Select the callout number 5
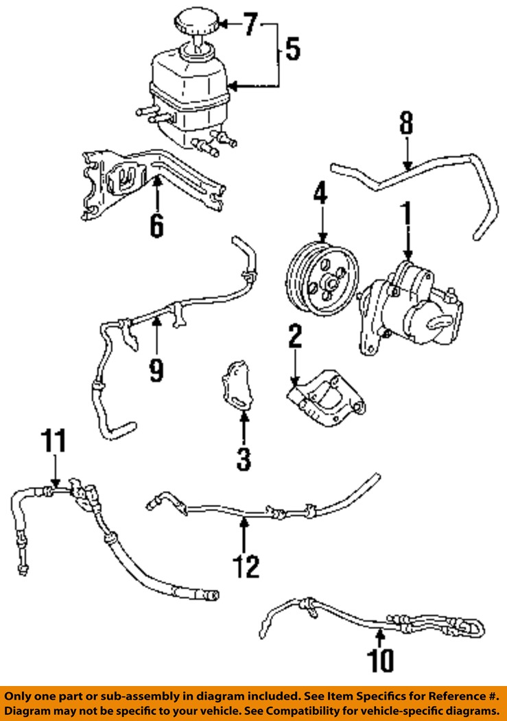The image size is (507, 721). (x=292, y=49)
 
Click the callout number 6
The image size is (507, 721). (x=157, y=224)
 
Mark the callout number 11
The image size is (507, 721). (x=55, y=441)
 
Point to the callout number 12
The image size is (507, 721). (x=244, y=566)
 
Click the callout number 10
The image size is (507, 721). (x=381, y=659)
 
